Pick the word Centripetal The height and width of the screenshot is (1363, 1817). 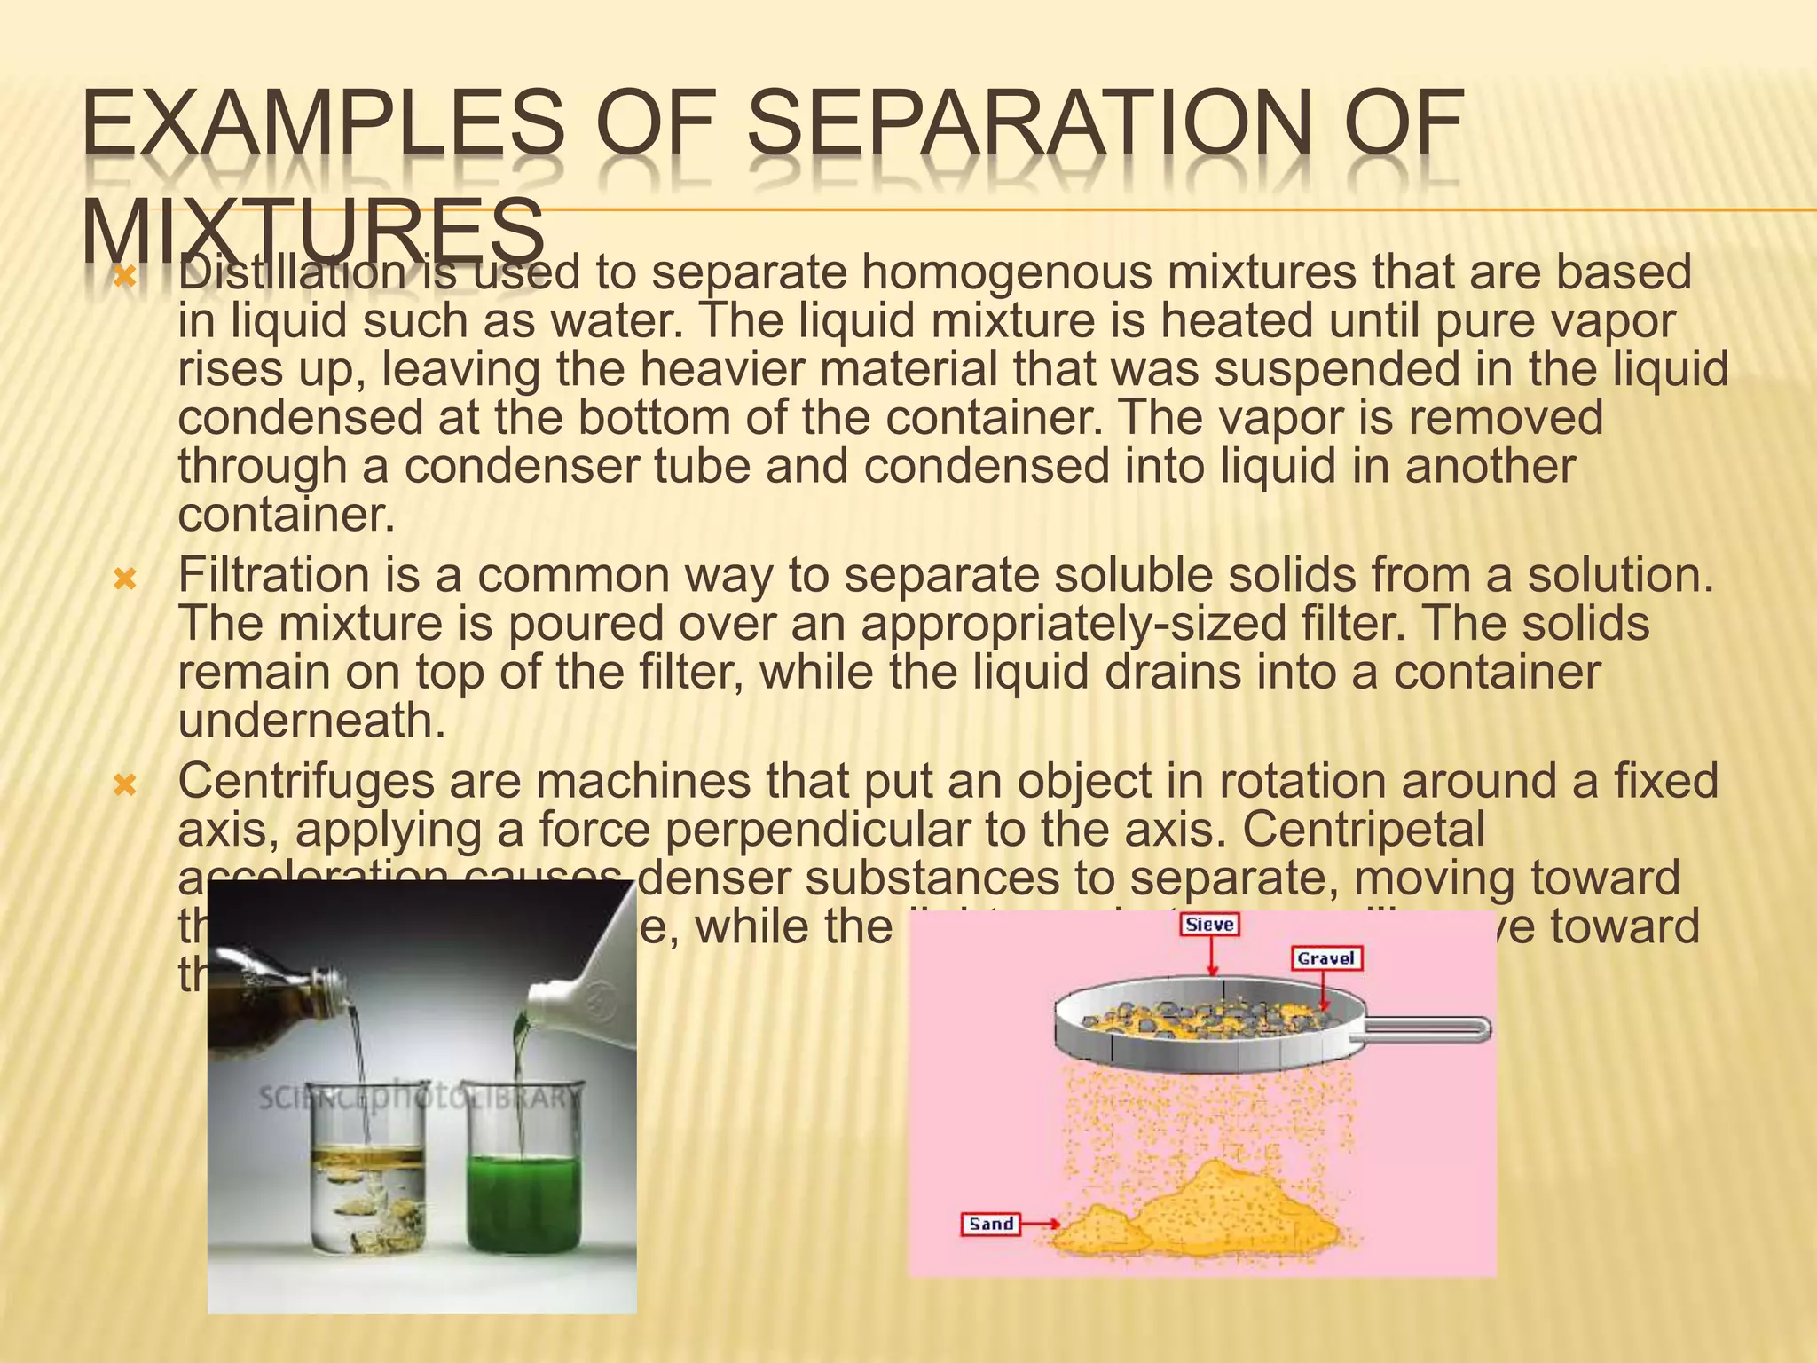point(1363,830)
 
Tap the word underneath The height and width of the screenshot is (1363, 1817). point(311,720)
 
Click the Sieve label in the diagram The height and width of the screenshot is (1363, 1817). point(1209,925)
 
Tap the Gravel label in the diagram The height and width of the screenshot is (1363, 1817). point(1325,958)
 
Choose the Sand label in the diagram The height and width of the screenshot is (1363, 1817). point(991,1224)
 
